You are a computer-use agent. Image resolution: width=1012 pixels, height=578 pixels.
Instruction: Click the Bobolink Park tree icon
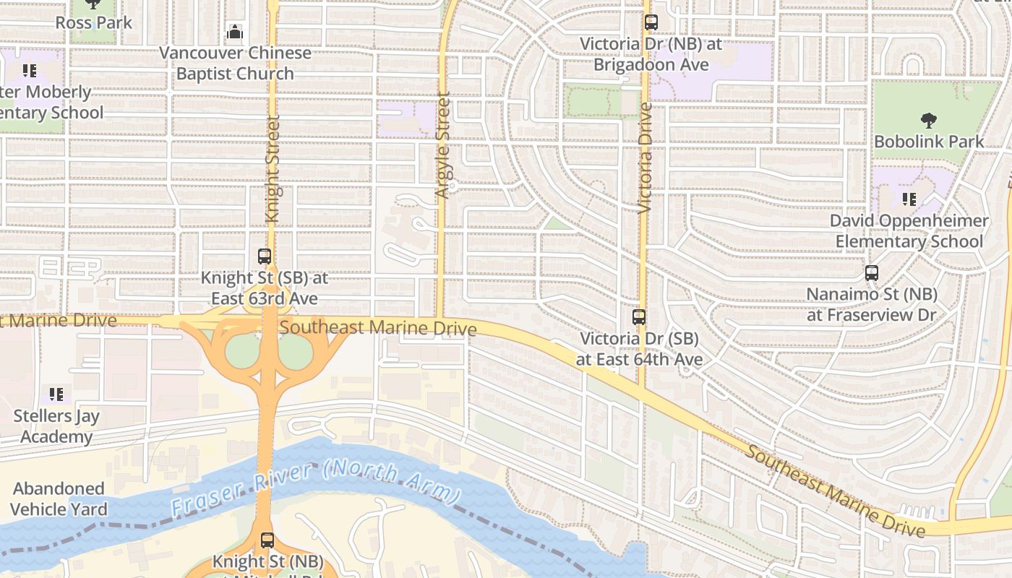tap(929, 120)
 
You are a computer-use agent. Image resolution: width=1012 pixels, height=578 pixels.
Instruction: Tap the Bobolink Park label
tap(929, 141)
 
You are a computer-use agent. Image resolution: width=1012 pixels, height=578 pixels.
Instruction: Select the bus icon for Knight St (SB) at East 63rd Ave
tap(265, 256)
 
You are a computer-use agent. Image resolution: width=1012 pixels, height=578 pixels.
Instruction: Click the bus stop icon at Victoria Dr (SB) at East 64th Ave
tap(639, 316)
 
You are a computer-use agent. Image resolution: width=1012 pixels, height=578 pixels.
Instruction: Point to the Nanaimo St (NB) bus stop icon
tap(872, 273)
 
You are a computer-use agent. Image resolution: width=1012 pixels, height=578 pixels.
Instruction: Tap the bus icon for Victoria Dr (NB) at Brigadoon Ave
tap(651, 22)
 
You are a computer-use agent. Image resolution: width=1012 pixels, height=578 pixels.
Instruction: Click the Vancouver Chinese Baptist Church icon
tap(235, 32)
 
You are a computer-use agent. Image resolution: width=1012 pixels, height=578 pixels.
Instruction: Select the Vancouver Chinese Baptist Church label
tap(235, 63)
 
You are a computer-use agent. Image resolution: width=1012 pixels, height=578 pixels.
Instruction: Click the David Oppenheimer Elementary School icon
tap(909, 199)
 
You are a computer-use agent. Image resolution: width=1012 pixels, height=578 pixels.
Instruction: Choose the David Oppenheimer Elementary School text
tap(909, 230)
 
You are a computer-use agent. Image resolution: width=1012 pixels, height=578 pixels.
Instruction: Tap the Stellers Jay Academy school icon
tap(56, 394)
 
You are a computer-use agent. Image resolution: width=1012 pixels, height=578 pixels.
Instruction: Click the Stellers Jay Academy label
tap(56, 426)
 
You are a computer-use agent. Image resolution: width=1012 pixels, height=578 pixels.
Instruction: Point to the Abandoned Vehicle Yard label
tap(59, 499)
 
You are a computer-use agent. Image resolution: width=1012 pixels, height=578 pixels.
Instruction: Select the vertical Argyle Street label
tap(443, 144)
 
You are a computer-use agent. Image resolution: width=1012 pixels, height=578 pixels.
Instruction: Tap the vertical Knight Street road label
tap(273, 168)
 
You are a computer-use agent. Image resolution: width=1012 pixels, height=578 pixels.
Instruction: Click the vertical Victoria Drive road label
tap(646, 158)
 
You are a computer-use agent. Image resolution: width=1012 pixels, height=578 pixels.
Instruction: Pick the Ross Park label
tap(94, 22)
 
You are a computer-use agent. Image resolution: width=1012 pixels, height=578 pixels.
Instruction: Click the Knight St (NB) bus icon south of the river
tap(267, 540)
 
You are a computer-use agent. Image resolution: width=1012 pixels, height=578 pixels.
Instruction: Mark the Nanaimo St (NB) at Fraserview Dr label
tap(872, 304)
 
